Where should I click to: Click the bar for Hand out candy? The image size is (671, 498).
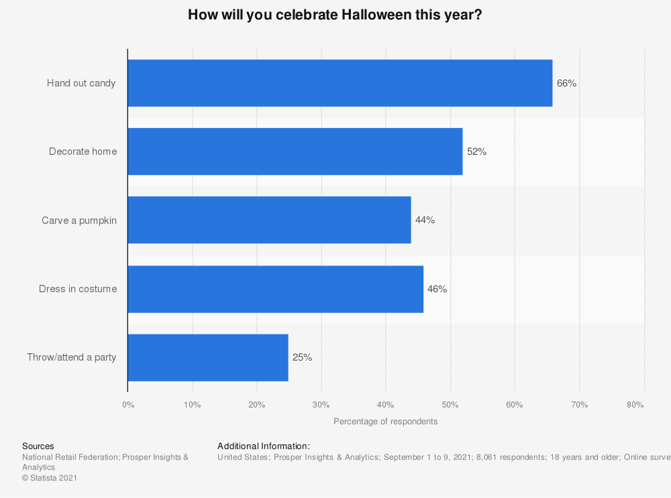[x=340, y=83]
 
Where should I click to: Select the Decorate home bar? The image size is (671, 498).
[x=295, y=151]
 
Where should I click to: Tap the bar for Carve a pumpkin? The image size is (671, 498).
[x=269, y=220]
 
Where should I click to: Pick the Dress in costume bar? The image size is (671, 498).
[x=275, y=289]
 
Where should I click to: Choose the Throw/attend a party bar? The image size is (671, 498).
[x=207, y=357]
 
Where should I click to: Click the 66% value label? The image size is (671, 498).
[x=566, y=83]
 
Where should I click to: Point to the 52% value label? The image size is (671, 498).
[x=476, y=151]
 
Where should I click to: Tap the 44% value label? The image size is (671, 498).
[x=425, y=220]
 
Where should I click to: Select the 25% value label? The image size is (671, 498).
[x=302, y=357]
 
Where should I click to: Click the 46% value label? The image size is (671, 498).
[x=437, y=289]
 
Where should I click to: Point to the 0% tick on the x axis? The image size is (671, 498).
[x=128, y=405]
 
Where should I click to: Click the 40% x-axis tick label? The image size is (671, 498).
[x=386, y=405]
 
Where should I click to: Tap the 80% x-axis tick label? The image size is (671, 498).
[x=635, y=405]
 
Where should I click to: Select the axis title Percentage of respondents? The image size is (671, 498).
[x=385, y=422]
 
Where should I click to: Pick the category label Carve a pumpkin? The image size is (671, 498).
[x=79, y=220]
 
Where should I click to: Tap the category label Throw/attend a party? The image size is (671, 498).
[x=72, y=357]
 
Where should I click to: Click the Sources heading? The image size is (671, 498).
[x=38, y=446]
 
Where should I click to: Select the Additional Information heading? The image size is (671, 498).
[x=263, y=446]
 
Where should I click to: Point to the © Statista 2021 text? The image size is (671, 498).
[x=50, y=478]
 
